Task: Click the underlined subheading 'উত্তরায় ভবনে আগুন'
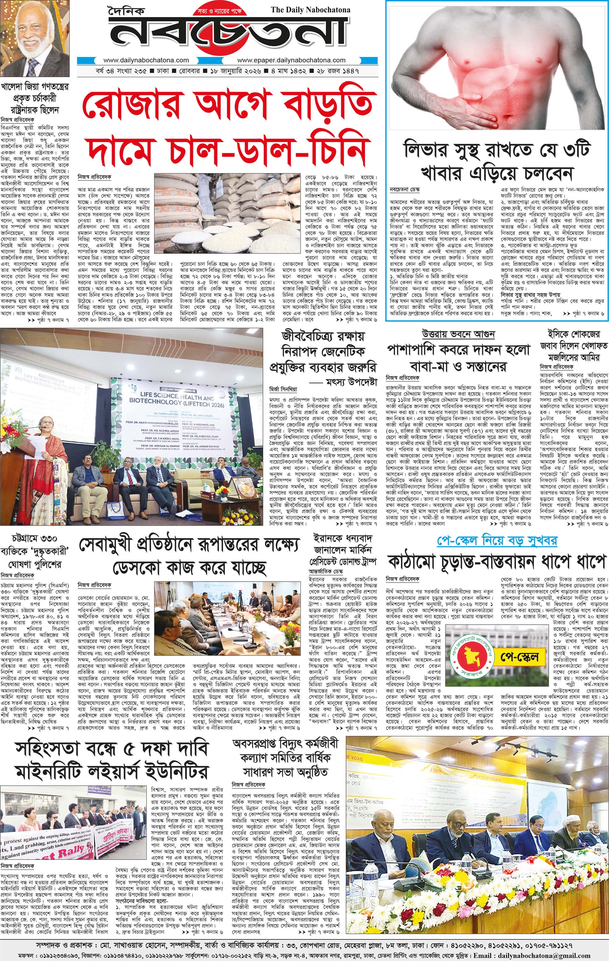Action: (x=458, y=334)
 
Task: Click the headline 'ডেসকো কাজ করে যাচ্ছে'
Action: (x=189, y=567)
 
